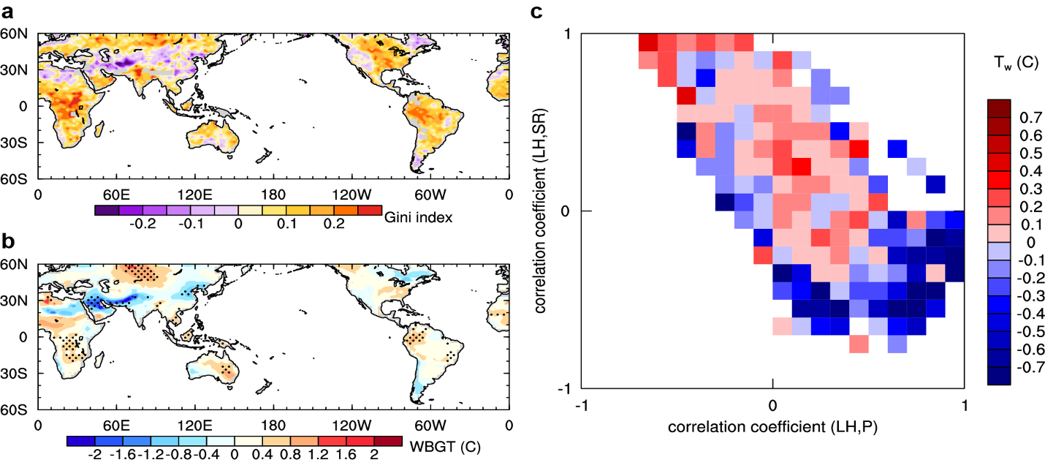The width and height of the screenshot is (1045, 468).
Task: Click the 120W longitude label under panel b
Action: (351, 424)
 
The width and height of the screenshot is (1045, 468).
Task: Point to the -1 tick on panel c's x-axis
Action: (582, 404)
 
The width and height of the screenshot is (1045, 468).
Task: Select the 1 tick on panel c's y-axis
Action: (564, 34)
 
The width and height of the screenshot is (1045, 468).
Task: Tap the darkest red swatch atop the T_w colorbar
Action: (998, 107)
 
